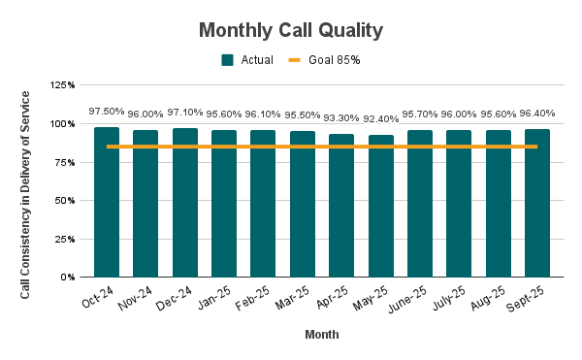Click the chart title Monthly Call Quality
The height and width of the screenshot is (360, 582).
(290, 30)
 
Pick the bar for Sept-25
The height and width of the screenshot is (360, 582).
(537, 203)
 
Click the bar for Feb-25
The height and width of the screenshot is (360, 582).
(263, 204)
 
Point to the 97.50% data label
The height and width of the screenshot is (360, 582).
(107, 112)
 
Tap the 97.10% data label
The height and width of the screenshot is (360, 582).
(184, 113)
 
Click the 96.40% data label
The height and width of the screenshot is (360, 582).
(537, 114)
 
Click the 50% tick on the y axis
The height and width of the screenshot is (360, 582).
(65, 201)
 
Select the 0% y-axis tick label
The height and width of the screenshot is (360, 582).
(68, 278)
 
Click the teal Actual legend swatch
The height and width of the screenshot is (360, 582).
(227, 60)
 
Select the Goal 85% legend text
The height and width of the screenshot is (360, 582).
(335, 60)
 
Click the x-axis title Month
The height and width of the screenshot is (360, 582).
(321, 335)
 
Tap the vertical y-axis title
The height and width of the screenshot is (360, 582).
(26, 180)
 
